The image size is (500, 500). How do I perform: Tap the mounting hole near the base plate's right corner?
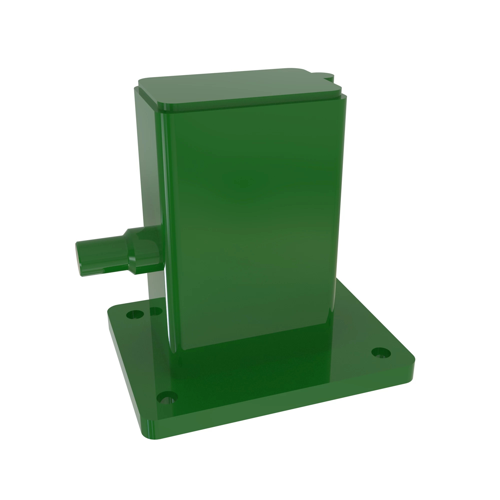[381, 353]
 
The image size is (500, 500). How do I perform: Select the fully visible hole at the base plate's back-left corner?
[135, 315]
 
